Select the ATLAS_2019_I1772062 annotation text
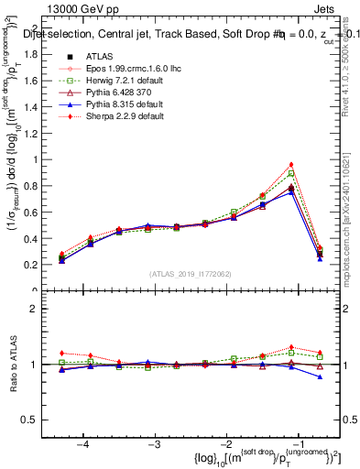click(x=191, y=275)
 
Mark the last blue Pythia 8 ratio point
click(x=320, y=376)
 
